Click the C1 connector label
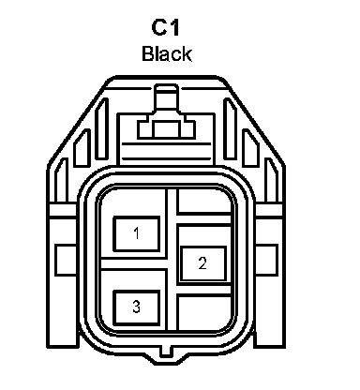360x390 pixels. pos(165,27)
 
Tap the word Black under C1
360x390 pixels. pos(167,53)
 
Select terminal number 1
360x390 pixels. pos(137,233)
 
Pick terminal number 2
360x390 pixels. pos(202,263)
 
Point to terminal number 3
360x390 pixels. pos(137,307)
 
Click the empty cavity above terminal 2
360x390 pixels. pos(204,201)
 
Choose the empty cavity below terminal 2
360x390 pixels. pos(204,311)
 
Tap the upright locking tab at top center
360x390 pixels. pos(167,97)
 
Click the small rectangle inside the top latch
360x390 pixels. pos(166,129)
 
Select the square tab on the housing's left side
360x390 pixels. pos(66,260)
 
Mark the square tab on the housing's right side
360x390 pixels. pos(266,260)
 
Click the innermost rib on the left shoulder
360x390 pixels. pos(102,128)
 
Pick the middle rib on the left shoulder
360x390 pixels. pos(82,148)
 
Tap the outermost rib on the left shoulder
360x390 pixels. pos(61,180)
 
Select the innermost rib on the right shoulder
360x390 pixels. pos(231,128)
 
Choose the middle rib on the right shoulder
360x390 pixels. pos(251,148)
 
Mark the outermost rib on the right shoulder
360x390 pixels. pos(271,180)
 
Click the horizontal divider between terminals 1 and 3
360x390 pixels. pos(133,263)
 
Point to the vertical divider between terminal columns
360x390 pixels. pos(172,260)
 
